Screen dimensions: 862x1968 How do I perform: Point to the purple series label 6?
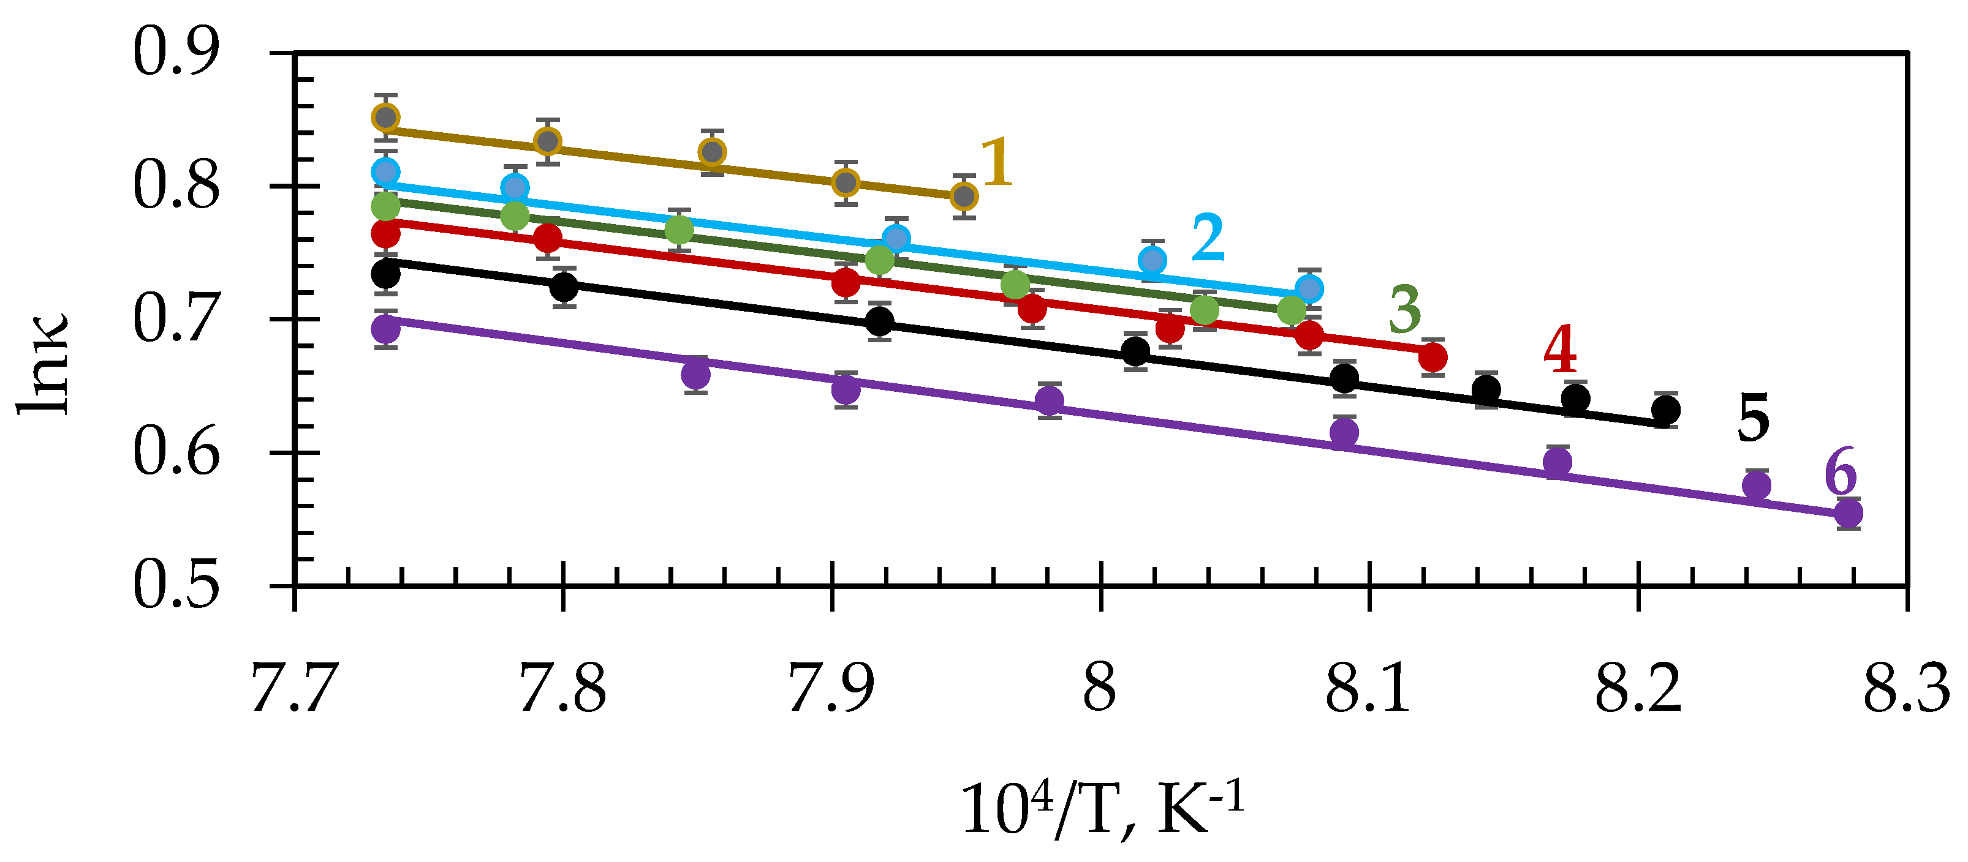[1840, 473]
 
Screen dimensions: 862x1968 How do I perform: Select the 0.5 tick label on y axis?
[176, 586]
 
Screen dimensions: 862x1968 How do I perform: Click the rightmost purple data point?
[1848, 513]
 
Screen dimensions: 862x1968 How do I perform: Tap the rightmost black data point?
[1665, 410]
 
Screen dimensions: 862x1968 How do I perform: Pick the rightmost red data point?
[1432, 356]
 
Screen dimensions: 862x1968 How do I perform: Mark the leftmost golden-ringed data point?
[386, 118]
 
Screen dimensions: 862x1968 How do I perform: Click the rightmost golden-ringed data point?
[964, 197]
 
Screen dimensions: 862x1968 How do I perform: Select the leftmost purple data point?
[386, 330]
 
